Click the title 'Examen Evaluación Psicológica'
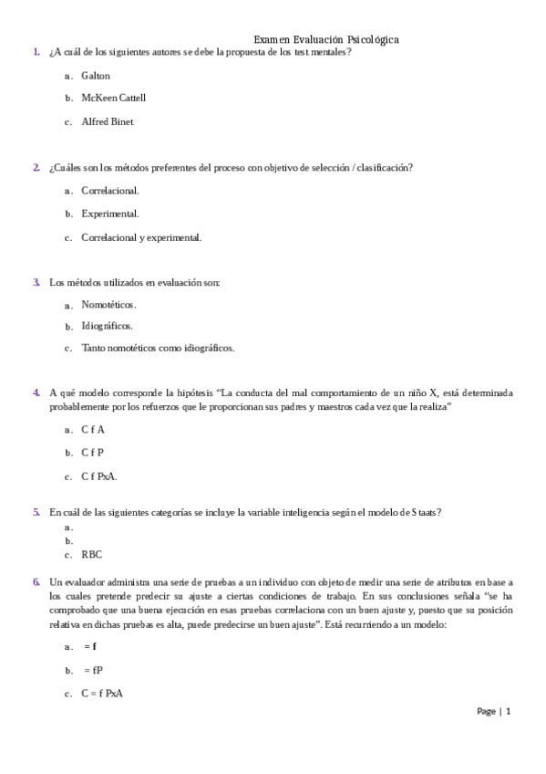pyautogui.click(x=326, y=39)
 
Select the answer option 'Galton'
pyautogui.click(x=96, y=76)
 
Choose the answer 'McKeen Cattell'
pyautogui.click(x=113, y=98)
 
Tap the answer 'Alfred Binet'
pyautogui.click(x=108, y=120)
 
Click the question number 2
pyautogui.click(x=36, y=168)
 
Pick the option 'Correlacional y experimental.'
pyautogui.click(x=141, y=237)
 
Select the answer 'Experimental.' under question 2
pyautogui.click(x=110, y=214)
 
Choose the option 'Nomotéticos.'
pyautogui.click(x=108, y=304)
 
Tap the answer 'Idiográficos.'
pyautogui.click(x=108, y=326)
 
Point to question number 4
pyautogui.click(x=36, y=392)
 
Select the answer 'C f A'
pyautogui.click(x=93, y=429)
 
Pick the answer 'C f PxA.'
pyautogui.click(x=99, y=476)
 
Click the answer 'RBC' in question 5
pyautogui.click(x=92, y=554)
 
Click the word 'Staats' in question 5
pyautogui.click(x=425, y=512)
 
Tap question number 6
pyautogui.click(x=36, y=581)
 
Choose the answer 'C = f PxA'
pyautogui.click(x=102, y=694)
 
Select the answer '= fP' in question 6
pyautogui.click(x=93, y=670)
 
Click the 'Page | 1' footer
pyautogui.click(x=494, y=711)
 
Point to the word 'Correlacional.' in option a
pyautogui.click(x=110, y=191)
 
